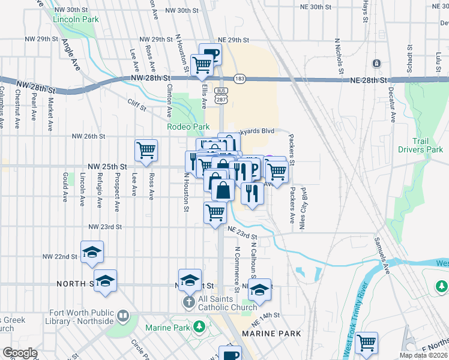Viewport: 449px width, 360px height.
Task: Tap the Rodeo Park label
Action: [x=188, y=127]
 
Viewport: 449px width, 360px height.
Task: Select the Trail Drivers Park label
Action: [x=427, y=145]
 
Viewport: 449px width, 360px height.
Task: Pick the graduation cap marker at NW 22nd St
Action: [x=92, y=252]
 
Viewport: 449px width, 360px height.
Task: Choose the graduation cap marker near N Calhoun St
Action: [x=259, y=290]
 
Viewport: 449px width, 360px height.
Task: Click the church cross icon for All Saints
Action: [x=188, y=301]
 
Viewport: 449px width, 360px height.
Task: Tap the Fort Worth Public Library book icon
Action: [x=123, y=315]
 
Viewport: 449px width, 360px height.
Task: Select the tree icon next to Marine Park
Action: [x=199, y=328]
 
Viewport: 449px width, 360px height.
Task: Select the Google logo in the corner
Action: [x=20, y=353]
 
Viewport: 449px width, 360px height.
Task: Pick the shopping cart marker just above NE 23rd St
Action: [x=215, y=213]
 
